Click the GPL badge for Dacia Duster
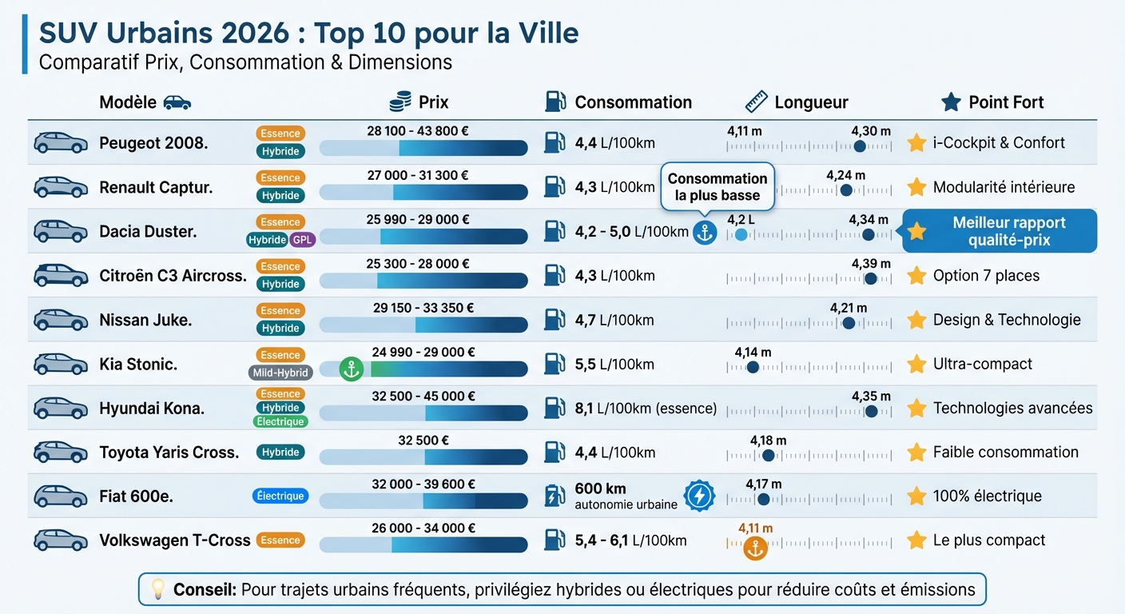(303, 240)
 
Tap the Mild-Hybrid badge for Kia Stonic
(280, 373)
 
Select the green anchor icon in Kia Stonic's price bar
(351, 369)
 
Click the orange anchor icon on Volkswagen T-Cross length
(754, 548)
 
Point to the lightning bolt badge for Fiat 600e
(699, 496)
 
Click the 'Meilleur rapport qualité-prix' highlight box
(999, 231)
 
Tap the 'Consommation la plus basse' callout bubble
(717, 187)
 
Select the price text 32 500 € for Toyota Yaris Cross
(423, 440)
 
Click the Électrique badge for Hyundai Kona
(280, 421)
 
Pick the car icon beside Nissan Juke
(61, 320)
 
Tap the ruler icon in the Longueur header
(756, 102)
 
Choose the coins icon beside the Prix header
(400, 102)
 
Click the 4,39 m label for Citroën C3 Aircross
(871, 264)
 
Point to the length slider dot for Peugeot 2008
(860, 146)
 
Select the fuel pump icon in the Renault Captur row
(555, 186)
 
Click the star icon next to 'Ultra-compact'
(916, 364)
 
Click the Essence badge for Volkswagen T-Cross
(280, 540)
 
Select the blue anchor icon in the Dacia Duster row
(704, 233)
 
